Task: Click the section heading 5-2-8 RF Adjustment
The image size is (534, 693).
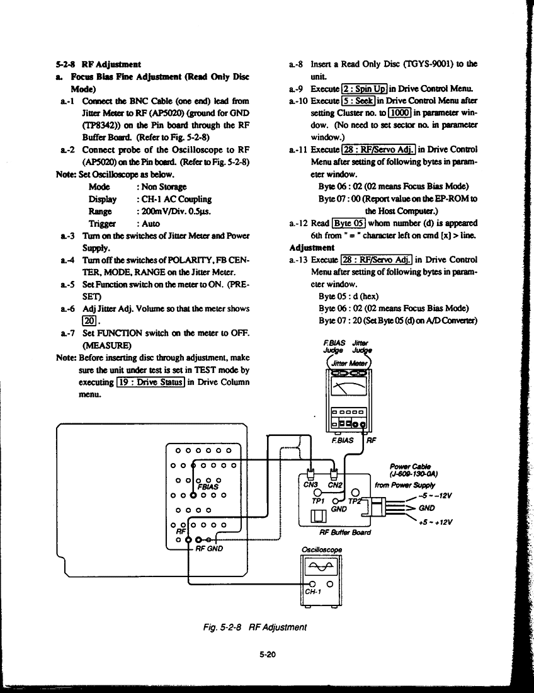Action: pyautogui.click(x=98, y=64)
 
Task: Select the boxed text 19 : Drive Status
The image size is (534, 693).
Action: pyautogui.click(x=151, y=382)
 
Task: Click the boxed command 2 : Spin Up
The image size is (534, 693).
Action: pyautogui.click(x=365, y=89)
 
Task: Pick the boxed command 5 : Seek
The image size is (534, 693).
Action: pyautogui.click(x=358, y=101)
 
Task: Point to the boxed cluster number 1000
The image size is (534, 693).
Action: pyautogui.click(x=400, y=113)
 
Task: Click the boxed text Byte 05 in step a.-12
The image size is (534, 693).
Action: pyautogui.click(x=349, y=223)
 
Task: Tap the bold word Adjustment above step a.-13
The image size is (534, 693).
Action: pyautogui.click(x=312, y=248)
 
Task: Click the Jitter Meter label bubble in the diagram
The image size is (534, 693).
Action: pyautogui.click(x=349, y=363)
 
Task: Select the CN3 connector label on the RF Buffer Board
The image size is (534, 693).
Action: pyautogui.click(x=310, y=485)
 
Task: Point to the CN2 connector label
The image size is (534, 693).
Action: pyautogui.click(x=335, y=485)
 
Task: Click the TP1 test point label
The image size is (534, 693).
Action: pyautogui.click(x=318, y=501)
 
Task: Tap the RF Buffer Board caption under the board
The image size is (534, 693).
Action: pyautogui.click(x=345, y=532)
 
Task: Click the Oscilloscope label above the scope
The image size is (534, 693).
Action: pyautogui.click(x=322, y=550)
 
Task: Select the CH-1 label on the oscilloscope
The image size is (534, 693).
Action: pyautogui.click(x=313, y=592)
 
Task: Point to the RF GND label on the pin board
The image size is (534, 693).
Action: pyautogui.click(x=209, y=549)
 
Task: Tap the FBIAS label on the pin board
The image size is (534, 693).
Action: pyautogui.click(x=208, y=487)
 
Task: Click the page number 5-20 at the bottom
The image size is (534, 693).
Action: pyautogui.click(x=268, y=655)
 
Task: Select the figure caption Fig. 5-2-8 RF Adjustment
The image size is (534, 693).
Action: pyautogui.click(x=255, y=627)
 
